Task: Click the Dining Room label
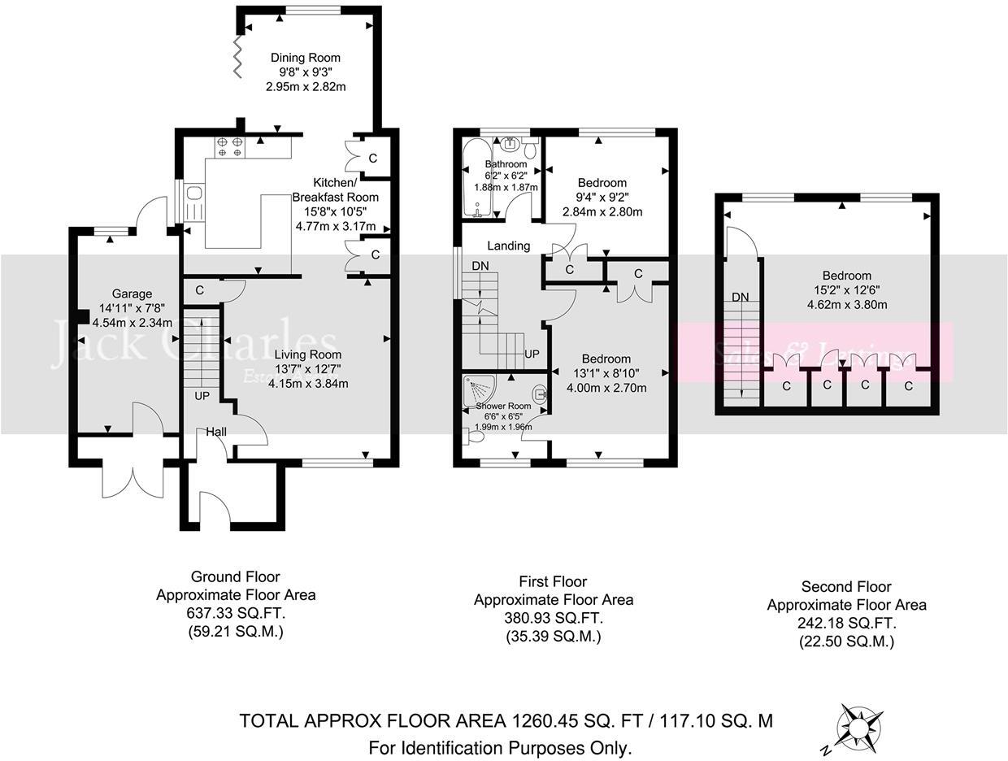pos(305,58)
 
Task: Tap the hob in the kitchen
pos(228,146)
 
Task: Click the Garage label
pos(132,294)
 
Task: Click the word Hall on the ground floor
pos(216,431)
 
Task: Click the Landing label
pos(509,246)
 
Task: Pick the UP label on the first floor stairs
pos(532,354)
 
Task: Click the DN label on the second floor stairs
pos(740,297)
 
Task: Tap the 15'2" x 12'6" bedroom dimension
pos(846,290)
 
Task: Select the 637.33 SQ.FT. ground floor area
pos(236,614)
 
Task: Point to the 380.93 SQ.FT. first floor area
pos(553,619)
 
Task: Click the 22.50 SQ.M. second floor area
pos(846,641)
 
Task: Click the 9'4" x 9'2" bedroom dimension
pos(602,198)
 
